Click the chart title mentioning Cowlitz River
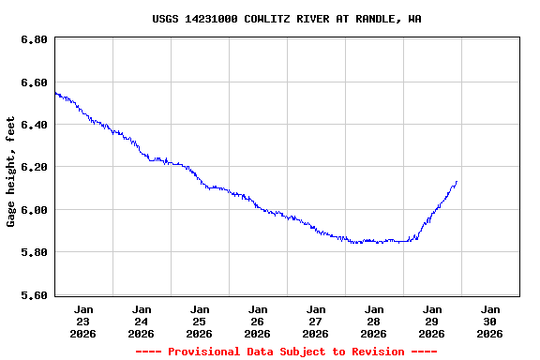coord(286,19)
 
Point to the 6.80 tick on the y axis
coord(34,40)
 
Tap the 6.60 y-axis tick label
coord(34,83)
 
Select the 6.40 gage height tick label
coord(34,126)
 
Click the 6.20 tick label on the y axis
coord(34,168)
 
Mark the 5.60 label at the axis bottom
coord(34,295)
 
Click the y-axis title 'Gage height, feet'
coord(11,172)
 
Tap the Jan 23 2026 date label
coord(83,321)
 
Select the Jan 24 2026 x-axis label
coord(142,321)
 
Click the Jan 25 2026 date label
coord(200,321)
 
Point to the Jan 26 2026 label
coord(258,321)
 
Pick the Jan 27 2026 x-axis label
coord(316,321)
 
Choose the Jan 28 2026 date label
coord(374,321)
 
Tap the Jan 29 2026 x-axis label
coord(432,321)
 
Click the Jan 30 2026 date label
coord(490,321)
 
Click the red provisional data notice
coord(286,352)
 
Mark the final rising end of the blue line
coord(457,182)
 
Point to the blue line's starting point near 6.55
coord(55,92)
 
